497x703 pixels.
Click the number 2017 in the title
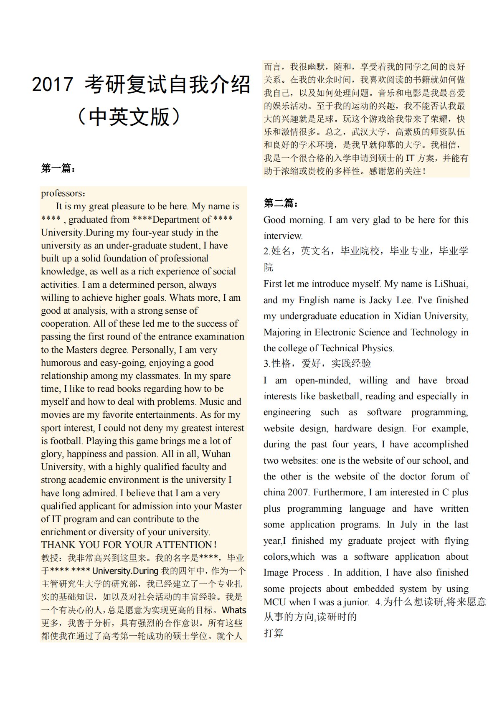[x=52, y=84]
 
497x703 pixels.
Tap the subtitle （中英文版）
[x=129, y=117]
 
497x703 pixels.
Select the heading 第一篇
[x=58, y=168]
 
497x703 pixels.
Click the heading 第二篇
[x=281, y=203]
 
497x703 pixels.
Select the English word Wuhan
[x=216, y=454]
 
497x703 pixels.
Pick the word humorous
[x=61, y=363]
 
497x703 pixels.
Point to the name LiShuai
[x=451, y=284]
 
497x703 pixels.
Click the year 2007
[x=298, y=492]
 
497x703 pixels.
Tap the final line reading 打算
[x=274, y=633]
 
